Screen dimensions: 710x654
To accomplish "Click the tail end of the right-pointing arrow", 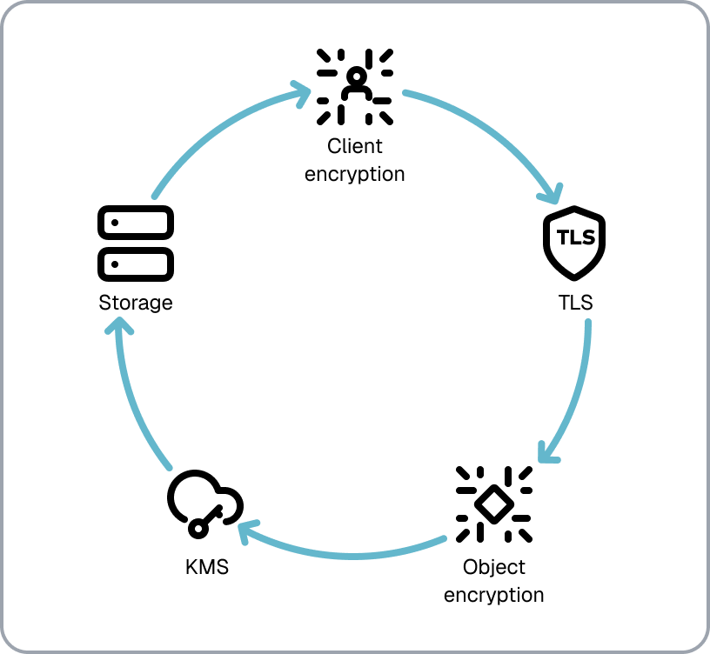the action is (x=154, y=197).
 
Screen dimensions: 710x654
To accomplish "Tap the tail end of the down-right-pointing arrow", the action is (x=405, y=91).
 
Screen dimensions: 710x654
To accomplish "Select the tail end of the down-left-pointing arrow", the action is (x=588, y=321).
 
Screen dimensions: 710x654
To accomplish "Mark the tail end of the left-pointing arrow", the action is (x=445, y=538).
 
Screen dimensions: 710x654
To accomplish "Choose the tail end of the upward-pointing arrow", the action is (x=170, y=468).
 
